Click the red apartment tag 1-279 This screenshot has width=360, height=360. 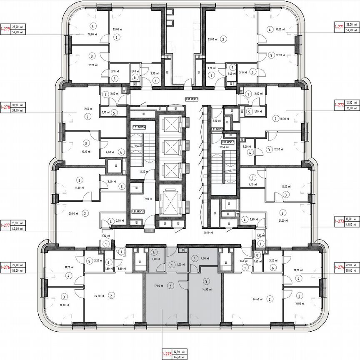coord(5,28)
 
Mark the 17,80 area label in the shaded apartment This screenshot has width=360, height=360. coord(158,286)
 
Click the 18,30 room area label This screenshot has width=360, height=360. coord(286,119)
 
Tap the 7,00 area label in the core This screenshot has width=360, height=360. coord(146,200)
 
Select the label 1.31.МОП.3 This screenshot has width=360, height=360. coord(192,99)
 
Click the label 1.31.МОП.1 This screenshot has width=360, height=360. coord(137,212)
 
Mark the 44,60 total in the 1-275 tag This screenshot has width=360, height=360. coord(177,357)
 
